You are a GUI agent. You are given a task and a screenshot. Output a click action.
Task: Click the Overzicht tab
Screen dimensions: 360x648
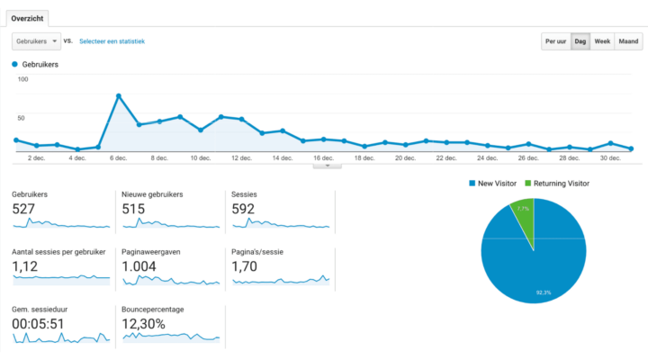coord(26,18)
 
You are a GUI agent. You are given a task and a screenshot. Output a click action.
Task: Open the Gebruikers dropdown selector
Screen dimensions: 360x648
coord(36,41)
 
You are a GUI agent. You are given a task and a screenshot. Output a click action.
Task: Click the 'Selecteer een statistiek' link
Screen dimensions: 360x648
coord(112,41)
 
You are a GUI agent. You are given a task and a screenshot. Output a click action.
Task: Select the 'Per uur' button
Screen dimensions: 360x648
coord(555,41)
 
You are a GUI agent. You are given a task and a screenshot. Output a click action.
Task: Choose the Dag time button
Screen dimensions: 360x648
coord(580,41)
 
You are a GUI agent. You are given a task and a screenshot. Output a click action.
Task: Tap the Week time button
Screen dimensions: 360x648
coord(602,41)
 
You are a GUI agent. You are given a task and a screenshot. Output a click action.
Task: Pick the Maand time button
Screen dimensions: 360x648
coord(628,41)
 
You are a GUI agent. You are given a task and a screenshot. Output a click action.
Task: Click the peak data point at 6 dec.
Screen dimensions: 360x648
coord(119,95)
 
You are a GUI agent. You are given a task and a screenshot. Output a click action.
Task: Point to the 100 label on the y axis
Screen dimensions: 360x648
coord(23,79)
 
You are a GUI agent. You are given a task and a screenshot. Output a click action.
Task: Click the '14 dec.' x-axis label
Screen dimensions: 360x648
coord(282,158)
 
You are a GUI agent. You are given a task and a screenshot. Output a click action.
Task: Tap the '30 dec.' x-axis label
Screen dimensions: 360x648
coord(610,158)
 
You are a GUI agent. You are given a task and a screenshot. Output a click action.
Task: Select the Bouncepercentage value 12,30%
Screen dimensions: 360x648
coord(144,323)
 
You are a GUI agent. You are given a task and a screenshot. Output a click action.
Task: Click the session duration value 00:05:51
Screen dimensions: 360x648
coord(38,323)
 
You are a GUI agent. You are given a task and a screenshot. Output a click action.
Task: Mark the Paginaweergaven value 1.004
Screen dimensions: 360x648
coord(139,266)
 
